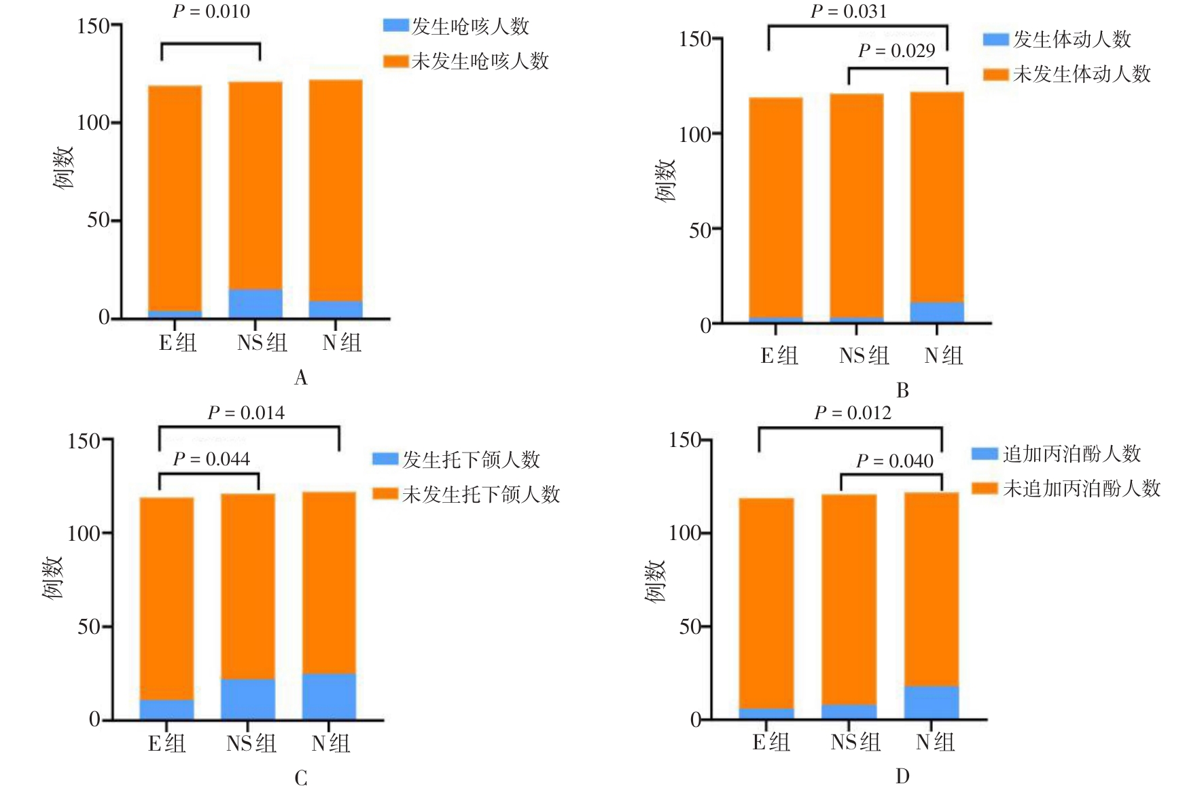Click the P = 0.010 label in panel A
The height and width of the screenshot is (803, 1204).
[211, 12]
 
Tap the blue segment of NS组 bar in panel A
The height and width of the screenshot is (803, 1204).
[255, 304]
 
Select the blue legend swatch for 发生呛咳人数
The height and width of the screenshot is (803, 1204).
[395, 26]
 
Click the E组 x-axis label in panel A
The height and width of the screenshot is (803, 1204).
[177, 342]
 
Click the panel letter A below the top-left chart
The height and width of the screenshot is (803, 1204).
[300, 378]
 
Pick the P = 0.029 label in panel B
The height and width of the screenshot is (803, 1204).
[896, 51]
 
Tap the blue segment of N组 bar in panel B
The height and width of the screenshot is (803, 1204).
[936, 312]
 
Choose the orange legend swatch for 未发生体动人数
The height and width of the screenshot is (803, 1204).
[995, 74]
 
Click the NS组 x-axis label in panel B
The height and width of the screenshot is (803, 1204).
[864, 355]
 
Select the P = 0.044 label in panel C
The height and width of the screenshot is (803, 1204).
[211, 459]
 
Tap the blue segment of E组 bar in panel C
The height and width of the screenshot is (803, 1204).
[166, 709]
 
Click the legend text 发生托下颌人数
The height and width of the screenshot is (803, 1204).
[471, 460]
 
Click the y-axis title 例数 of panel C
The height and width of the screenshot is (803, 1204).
[52, 577]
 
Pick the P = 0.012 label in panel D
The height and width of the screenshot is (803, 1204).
[852, 413]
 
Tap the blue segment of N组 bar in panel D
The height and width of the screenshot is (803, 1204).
[931, 702]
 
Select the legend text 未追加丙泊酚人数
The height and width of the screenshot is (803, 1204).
[1082, 488]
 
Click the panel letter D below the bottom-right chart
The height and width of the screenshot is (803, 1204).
[902, 777]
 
